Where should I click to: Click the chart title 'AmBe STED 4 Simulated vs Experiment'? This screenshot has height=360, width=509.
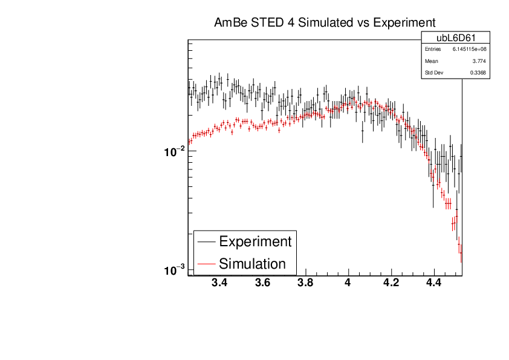(325, 23)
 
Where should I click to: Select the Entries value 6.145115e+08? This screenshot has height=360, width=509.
(470, 49)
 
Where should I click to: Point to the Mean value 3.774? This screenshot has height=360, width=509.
(479, 61)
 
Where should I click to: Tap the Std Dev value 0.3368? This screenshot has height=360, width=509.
(478, 73)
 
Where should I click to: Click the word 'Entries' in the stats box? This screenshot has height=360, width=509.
(433, 49)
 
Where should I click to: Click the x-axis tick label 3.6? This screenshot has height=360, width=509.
(262, 283)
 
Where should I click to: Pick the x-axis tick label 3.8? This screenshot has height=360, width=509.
(305, 283)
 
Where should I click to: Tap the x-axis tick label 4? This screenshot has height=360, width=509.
(348, 283)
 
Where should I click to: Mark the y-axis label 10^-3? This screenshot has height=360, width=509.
(174, 269)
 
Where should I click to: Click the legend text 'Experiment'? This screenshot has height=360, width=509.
(255, 241)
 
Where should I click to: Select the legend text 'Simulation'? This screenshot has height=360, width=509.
(252, 264)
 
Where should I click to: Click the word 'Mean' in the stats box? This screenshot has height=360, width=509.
(431, 61)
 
